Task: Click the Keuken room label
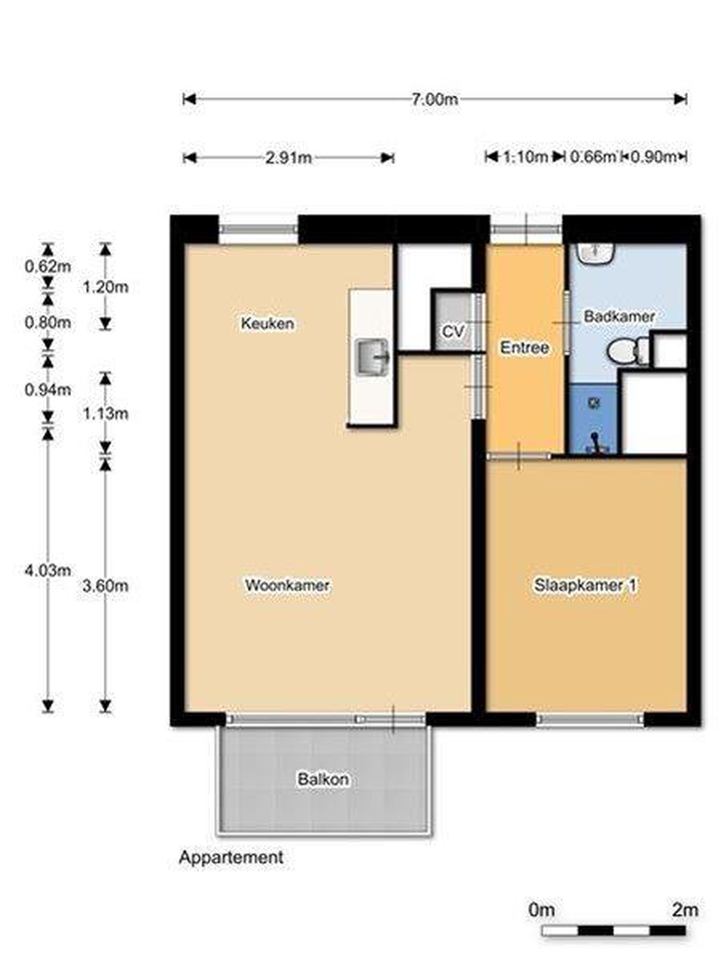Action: (x=267, y=323)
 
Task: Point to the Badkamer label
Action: (x=619, y=316)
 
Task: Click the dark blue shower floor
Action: (x=593, y=418)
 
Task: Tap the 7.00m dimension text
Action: (x=435, y=99)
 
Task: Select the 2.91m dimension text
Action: (x=289, y=158)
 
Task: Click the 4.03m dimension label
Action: (x=48, y=570)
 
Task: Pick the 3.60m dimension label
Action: (x=105, y=586)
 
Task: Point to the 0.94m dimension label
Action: (x=48, y=390)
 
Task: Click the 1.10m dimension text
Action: (x=525, y=156)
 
